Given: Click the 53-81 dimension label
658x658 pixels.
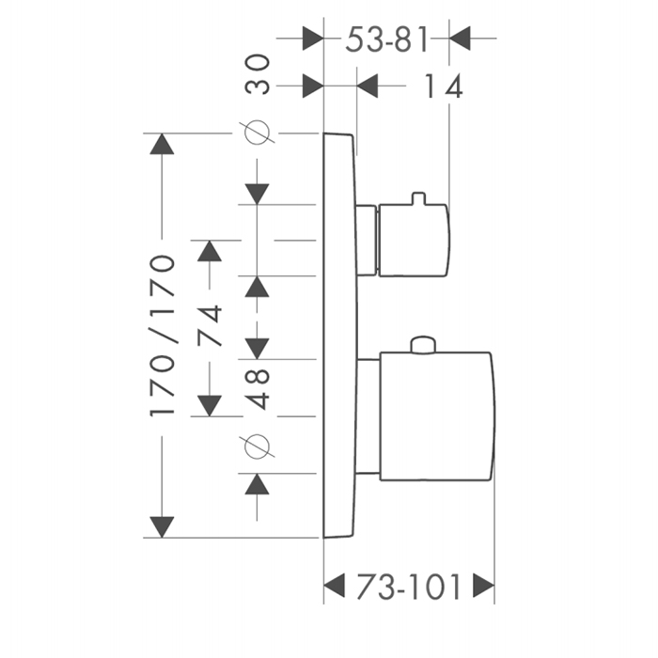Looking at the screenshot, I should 387,39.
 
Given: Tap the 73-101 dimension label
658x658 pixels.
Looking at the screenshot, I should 408,587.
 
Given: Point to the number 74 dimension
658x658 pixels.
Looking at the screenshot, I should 211,325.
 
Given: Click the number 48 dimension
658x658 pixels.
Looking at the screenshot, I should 258,387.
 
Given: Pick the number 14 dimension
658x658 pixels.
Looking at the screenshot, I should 442,87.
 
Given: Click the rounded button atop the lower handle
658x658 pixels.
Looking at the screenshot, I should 424,346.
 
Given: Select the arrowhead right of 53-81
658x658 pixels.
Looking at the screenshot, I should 462,39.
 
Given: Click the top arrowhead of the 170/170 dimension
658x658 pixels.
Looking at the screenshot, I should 163,145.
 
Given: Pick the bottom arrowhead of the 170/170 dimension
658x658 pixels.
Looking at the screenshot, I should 163,525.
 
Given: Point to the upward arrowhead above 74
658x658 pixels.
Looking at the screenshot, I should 209,251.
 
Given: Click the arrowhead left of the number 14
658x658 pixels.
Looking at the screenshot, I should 368,87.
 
